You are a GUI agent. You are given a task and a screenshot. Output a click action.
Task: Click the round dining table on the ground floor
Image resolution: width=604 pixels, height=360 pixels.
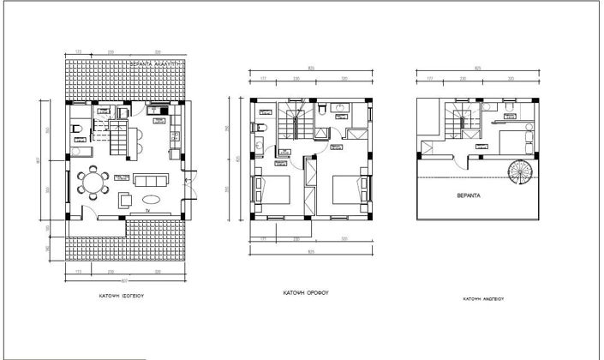[x=91, y=183]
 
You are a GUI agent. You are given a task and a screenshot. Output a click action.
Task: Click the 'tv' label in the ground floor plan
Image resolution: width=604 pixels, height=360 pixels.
[x=147, y=209]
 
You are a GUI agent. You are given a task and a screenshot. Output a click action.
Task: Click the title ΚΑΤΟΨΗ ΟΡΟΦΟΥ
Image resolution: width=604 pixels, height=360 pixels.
[x=306, y=292]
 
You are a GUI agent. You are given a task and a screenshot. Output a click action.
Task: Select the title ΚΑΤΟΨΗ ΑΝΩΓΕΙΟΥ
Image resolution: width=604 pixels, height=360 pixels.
[x=482, y=300]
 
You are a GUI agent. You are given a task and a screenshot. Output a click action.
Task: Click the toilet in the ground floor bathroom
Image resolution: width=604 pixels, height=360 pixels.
[x=75, y=130]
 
